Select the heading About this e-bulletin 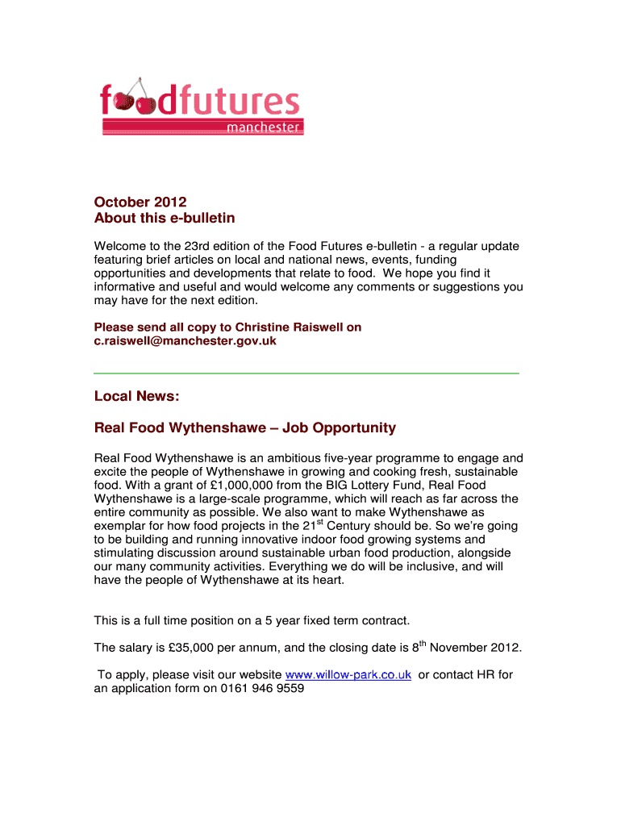pos(165,219)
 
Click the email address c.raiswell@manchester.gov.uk pos(185,341)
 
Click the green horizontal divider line pos(306,373)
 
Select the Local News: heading pos(137,396)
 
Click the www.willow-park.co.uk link pos(349,675)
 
